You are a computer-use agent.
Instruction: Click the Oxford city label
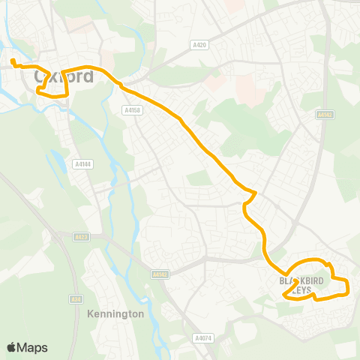click(64, 76)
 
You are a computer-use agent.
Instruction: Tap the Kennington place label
click(115, 313)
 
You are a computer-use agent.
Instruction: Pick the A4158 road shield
click(131, 109)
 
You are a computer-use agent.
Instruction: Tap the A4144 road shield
click(82, 164)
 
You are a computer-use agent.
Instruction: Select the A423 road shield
click(82, 237)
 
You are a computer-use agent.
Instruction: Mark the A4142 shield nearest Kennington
click(159, 274)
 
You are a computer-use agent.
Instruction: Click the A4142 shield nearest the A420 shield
click(324, 115)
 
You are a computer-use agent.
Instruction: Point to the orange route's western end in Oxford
click(13, 60)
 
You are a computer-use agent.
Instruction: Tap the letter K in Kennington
click(90, 313)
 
